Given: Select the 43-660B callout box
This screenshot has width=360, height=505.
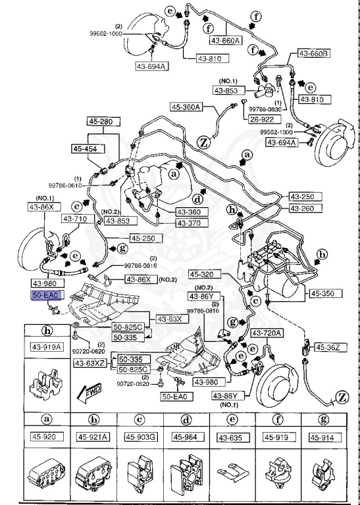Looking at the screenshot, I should [x=314, y=53].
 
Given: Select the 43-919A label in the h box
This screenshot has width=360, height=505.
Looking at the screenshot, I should [x=46, y=347].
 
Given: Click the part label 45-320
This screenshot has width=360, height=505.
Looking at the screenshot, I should [x=205, y=274].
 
